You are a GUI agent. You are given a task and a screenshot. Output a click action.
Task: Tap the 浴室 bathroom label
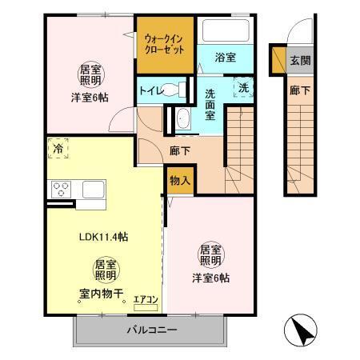click(x=226, y=57)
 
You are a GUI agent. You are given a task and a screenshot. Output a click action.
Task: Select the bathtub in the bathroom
click(x=225, y=31)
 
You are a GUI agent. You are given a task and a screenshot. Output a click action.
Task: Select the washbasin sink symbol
click(x=181, y=118)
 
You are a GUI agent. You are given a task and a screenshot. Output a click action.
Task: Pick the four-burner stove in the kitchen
click(x=62, y=190)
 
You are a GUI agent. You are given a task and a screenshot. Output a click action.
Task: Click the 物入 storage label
click(x=180, y=181)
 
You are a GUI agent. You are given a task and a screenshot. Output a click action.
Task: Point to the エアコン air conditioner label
click(x=146, y=300)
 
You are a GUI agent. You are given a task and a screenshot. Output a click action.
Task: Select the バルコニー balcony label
click(x=153, y=330)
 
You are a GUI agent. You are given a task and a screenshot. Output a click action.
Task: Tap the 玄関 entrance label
click(x=299, y=61)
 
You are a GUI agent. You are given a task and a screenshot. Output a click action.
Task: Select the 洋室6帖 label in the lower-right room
click(x=210, y=278)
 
